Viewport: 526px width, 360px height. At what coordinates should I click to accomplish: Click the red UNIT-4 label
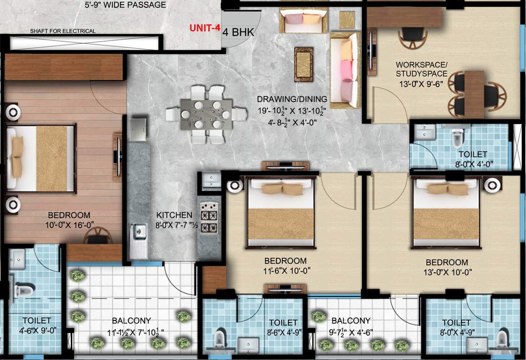[x=204, y=28]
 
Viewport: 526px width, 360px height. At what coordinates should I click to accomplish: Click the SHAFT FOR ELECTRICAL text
[x=63, y=31]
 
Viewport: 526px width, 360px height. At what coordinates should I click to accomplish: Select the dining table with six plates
[x=206, y=114]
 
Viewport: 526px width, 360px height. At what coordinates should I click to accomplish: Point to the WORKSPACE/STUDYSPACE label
[x=421, y=69]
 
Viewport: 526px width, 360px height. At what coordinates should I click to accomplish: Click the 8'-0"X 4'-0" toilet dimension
[x=473, y=164]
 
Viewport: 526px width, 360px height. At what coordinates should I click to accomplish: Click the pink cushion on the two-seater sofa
[x=294, y=19]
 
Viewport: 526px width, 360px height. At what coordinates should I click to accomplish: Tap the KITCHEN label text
[x=175, y=215]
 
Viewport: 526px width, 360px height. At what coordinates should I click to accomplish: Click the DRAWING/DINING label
[x=291, y=99]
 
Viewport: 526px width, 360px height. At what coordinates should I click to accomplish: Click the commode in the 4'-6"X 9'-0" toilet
[x=23, y=290]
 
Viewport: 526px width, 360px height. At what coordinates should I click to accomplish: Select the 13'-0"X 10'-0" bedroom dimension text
[x=446, y=271]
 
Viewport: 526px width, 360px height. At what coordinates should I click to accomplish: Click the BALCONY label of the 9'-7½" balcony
[x=351, y=321]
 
